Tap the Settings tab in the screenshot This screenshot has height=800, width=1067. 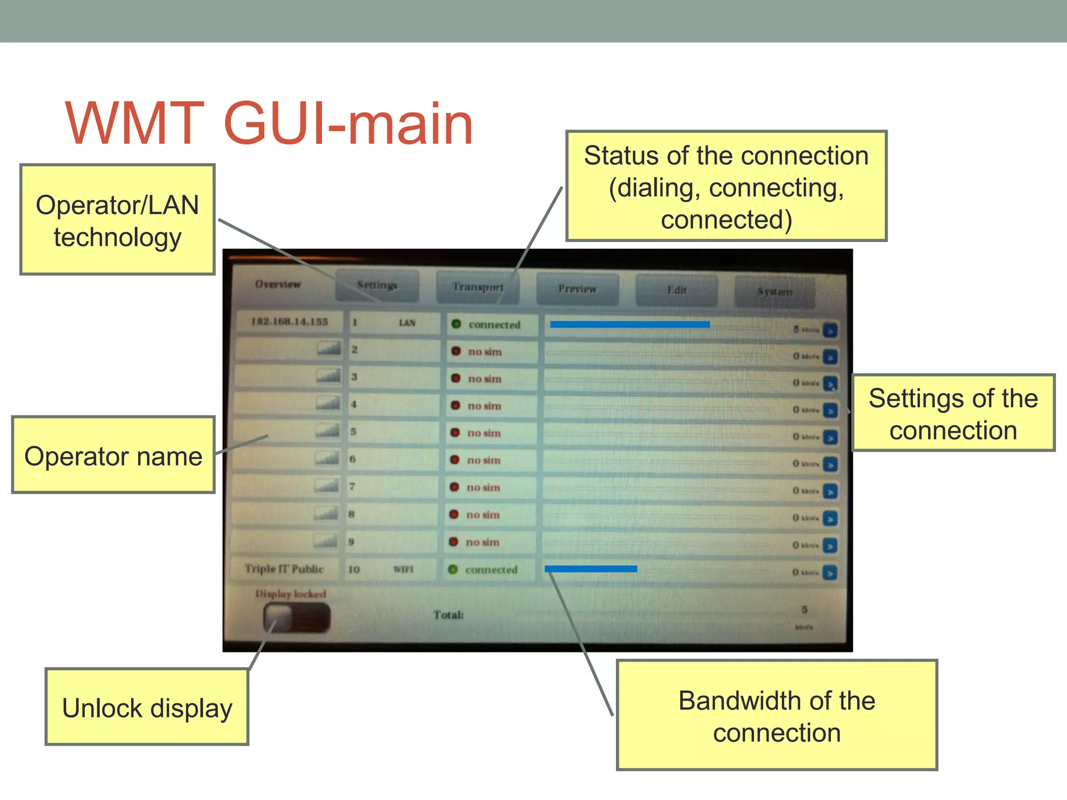click(x=377, y=285)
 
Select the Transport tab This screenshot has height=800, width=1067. click(x=478, y=287)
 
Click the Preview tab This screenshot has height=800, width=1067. click(x=577, y=289)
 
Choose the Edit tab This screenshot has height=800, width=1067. click(x=676, y=290)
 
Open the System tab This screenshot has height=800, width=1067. click(x=775, y=292)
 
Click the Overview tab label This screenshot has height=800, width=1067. click(x=278, y=284)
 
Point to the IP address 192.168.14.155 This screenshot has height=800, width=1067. click(x=290, y=321)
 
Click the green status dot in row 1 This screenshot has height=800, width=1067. click(x=456, y=324)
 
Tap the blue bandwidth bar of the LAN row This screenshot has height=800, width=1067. click(x=629, y=324)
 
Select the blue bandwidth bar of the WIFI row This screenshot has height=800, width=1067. click(x=590, y=569)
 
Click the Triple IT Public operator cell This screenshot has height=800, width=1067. click(x=284, y=569)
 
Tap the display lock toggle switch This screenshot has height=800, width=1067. click(x=296, y=618)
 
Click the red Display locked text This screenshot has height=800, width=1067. click(x=290, y=594)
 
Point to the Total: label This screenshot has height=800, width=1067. click(x=448, y=615)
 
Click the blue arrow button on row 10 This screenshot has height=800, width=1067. click(x=830, y=573)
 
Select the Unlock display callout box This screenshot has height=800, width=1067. click(x=147, y=707)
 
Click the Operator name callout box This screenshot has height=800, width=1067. click(x=113, y=455)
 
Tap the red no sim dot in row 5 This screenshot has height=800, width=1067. click(x=455, y=433)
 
